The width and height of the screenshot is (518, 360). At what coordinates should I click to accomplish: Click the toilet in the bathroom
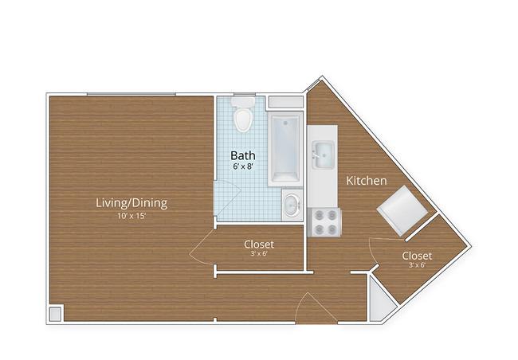point(243,114)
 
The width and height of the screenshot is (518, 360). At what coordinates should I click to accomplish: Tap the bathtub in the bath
point(285,149)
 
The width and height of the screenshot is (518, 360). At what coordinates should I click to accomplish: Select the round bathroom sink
point(292,205)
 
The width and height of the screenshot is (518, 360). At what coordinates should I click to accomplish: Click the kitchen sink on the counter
point(324,155)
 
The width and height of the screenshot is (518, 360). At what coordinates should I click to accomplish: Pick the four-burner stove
point(324,222)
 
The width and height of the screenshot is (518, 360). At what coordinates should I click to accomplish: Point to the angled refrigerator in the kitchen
point(402,210)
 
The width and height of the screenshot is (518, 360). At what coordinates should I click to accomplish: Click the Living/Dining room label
point(131,202)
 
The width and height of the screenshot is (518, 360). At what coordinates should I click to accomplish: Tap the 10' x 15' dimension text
point(131,217)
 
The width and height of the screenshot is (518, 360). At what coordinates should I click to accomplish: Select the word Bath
point(243,155)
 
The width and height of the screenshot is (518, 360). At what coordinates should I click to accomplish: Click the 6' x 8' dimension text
point(243,166)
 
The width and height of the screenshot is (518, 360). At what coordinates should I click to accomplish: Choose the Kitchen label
point(367,181)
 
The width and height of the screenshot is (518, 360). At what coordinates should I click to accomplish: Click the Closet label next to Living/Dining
point(259,245)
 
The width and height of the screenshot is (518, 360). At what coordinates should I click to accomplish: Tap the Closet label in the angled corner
point(417,256)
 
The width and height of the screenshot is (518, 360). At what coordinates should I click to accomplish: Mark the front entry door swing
point(316,307)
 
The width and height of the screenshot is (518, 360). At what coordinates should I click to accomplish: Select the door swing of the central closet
point(202,246)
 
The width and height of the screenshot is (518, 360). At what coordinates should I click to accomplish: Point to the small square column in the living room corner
point(55,314)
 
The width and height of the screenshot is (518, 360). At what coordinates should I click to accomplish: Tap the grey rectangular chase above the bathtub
point(285,102)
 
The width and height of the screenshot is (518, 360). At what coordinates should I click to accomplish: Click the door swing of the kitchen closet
point(373,251)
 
